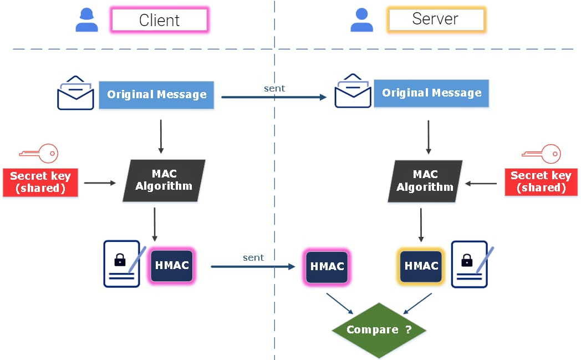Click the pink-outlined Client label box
pos(159,19)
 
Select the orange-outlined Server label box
pos(436,19)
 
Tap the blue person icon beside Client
pos(86,20)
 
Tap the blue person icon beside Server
pos(361,20)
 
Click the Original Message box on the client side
pos(156,95)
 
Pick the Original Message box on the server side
pos(431,93)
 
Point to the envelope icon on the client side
pos(75,93)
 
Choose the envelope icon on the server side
pos(353,91)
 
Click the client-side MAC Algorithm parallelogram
pos(164,181)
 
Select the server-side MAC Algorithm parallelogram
pos(425,181)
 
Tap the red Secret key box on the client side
pos(40,182)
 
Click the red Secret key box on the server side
pos(541,182)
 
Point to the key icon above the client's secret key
pos(39,153)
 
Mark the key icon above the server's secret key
pos(541,154)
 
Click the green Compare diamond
pos(379,330)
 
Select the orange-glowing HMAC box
pos(421,266)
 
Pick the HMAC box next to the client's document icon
pos(171,266)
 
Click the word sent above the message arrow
pos(274,89)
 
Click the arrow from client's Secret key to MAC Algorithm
pos(100,183)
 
